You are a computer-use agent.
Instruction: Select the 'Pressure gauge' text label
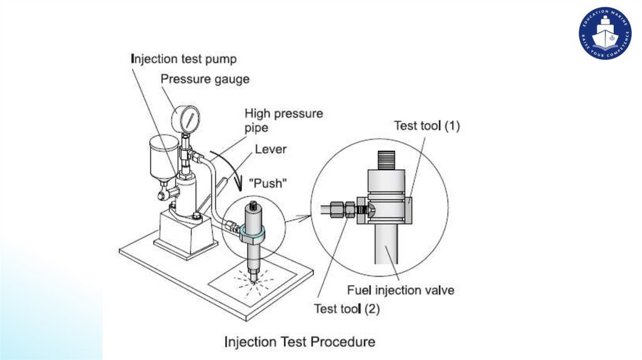click(205, 79)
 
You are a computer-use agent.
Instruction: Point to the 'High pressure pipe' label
click(283, 120)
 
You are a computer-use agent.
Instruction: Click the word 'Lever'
click(271, 150)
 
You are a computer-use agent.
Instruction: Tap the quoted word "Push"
click(268, 184)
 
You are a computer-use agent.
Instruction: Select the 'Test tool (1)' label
click(427, 126)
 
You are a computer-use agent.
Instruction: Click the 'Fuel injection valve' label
click(401, 290)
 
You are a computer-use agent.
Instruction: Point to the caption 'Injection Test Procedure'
click(300, 342)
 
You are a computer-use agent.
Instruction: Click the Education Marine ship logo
click(605, 33)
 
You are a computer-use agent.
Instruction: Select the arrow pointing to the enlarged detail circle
click(298, 218)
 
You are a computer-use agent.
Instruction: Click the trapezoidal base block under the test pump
click(185, 231)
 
